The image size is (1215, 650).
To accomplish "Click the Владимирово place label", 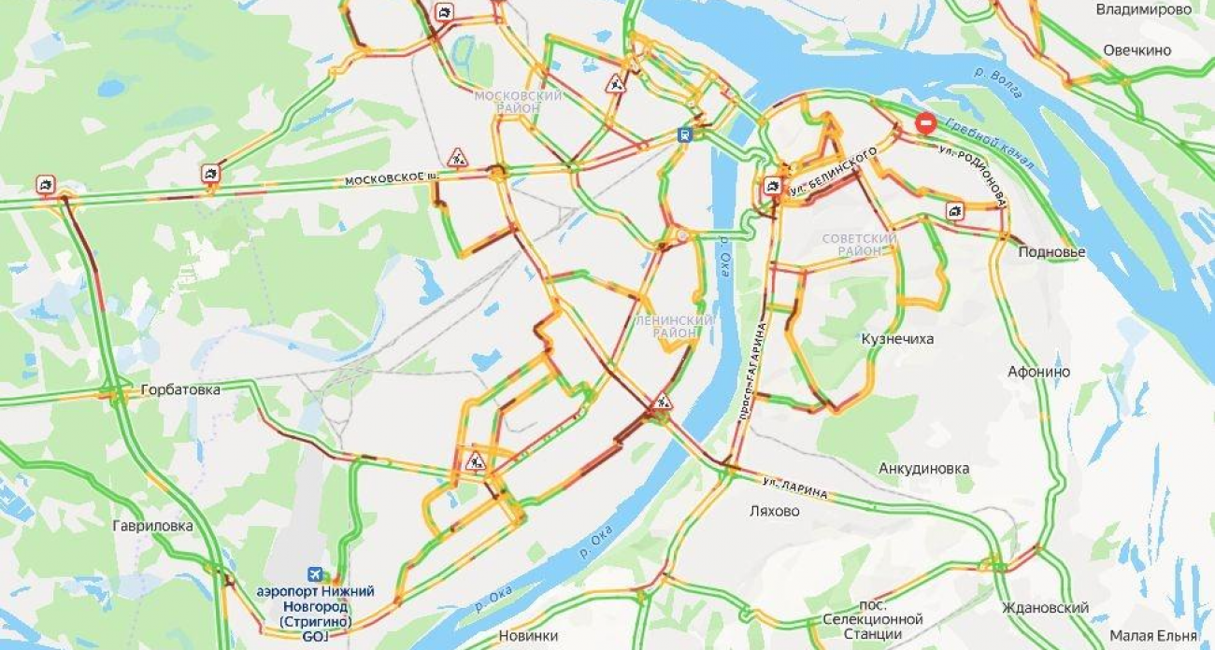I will click(x=1143, y=9).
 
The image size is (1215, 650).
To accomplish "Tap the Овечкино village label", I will click(x=1136, y=50).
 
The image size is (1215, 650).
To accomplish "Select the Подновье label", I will click(x=1051, y=252).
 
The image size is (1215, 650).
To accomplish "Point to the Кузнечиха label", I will click(x=897, y=339).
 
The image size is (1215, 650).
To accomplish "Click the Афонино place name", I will click(x=1038, y=372).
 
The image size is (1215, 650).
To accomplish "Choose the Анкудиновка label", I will click(x=923, y=468).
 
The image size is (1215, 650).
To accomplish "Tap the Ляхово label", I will click(x=775, y=511).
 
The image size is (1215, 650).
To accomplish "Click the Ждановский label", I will click(x=1045, y=608).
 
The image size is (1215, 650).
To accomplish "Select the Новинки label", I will click(x=528, y=636).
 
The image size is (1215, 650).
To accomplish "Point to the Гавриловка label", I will click(x=152, y=526).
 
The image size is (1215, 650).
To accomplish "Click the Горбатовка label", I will click(x=180, y=389).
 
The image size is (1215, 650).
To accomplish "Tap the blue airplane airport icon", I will click(x=316, y=574).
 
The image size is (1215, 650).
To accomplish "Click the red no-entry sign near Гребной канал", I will click(x=924, y=122).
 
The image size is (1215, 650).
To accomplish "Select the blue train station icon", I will click(x=686, y=134).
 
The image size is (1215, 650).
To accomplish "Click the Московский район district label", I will click(x=518, y=102).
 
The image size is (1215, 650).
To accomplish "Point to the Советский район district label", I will click(x=859, y=245).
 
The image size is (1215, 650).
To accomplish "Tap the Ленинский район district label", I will click(x=674, y=326).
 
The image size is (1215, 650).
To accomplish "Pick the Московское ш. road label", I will click(x=391, y=179).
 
